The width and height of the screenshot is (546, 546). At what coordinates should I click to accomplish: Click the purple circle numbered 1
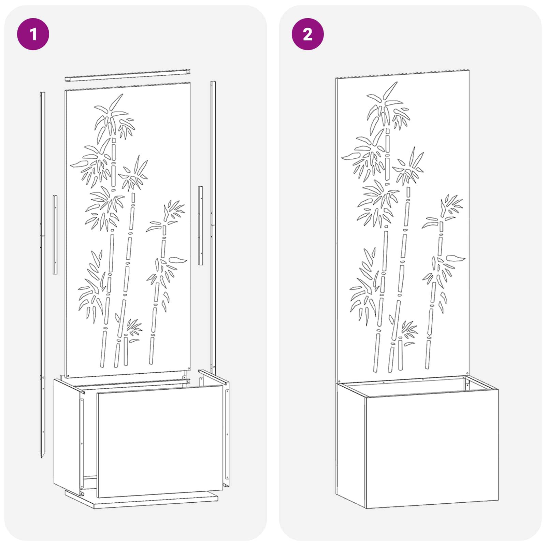tap(33, 34)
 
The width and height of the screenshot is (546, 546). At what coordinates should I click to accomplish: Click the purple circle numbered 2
tap(307, 34)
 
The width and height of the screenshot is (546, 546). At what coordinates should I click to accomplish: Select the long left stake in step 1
tap(42, 239)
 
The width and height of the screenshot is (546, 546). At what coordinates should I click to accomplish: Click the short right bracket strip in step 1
tap(201, 225)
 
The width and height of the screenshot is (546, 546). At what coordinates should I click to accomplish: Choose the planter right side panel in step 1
tap(227, 433)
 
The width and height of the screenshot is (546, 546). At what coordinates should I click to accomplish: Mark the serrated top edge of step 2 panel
tap(403, 74)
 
